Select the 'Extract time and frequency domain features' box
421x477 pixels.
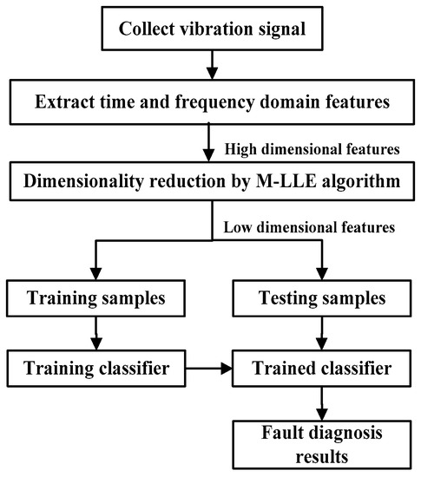209,103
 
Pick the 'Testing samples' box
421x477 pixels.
321,302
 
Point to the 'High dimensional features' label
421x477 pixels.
310,149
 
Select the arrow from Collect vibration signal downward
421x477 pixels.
209,68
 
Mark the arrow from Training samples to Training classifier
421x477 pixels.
97,337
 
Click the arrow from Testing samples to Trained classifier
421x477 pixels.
321,337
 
